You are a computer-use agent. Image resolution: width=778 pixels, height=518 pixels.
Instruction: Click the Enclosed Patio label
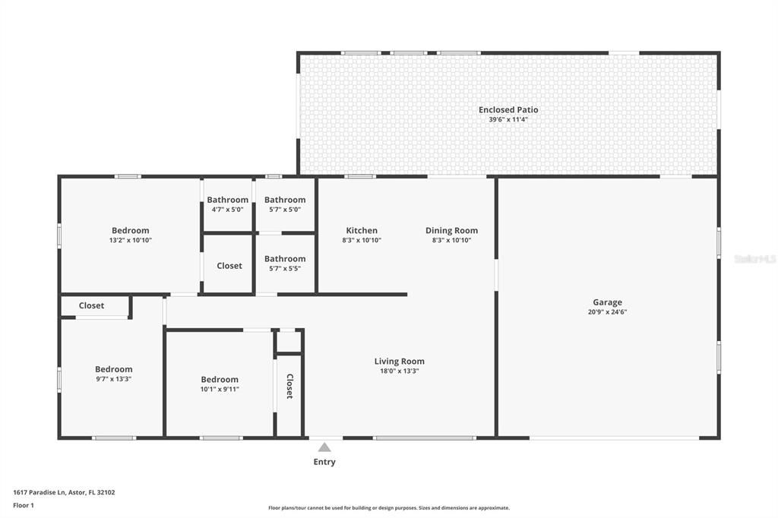pyautogui.click(x=508, y=110)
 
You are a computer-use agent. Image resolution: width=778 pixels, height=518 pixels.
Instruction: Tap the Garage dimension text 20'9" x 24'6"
pyautogui.click(x=607, y=312)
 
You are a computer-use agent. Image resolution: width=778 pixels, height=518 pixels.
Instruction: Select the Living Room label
pyautogui.click(x=399, y=362)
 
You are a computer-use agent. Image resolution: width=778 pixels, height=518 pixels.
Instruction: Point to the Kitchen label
pyautogui.click(x=362, y=231)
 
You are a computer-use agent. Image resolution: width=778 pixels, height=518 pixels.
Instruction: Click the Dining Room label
pyautogui.click(x=451, y=231)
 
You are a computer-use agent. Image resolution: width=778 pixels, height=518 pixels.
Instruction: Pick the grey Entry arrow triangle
pyautogui.click(x=324, y=447)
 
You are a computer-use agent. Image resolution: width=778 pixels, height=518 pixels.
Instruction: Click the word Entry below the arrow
pyautogui.click(x=324, y=462)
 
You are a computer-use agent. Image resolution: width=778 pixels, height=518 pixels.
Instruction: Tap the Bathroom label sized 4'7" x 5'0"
pyautogui.click(x=227, y=201)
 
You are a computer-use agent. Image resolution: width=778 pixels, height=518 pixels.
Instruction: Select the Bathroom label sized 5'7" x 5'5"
pyautogui.click(x=285, y=259)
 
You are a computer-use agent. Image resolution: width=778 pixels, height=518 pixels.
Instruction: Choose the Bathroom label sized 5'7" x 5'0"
pyautogui.click(x=285, y=201)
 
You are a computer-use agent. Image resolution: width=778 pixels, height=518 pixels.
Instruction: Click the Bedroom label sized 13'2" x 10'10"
pyautogui.click(x=131, y=231)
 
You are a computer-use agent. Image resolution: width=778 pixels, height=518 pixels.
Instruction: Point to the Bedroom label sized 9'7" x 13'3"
pyautogui.click(x=113, y=370)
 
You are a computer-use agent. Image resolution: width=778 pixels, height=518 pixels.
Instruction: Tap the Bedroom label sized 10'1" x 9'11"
pyautogui.click(x=220, y=380)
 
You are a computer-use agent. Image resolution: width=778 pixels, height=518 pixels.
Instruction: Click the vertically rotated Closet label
pyautogui.click(x=289, y=386)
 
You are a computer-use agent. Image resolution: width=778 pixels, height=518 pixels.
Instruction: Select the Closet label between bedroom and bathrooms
pyautogui.click(x=229, y=266)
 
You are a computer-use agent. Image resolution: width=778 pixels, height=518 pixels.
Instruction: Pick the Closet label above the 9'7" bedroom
pyautogui.click(x=91, y=306)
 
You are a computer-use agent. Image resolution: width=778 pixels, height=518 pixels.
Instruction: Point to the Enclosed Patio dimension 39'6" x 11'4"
pyautogui.click(x=508, y=120)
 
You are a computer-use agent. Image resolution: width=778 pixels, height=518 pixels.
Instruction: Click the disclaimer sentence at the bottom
pyautogui.click(x=388, y=508)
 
